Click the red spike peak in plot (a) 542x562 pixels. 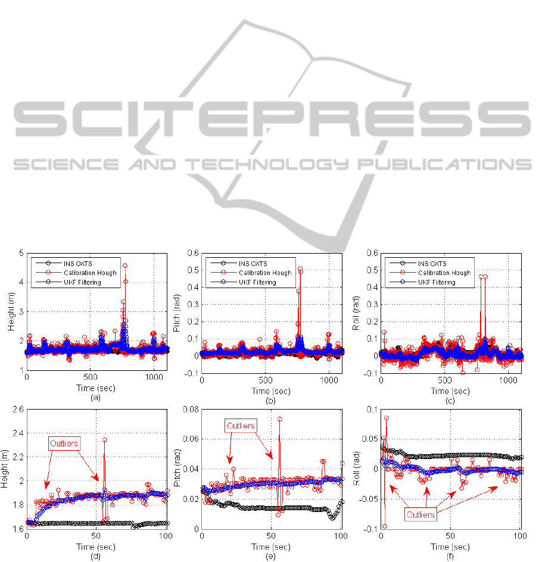125,265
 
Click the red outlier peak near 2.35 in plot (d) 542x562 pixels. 105,440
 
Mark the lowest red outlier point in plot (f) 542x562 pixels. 384,526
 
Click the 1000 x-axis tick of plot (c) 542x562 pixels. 508,379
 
